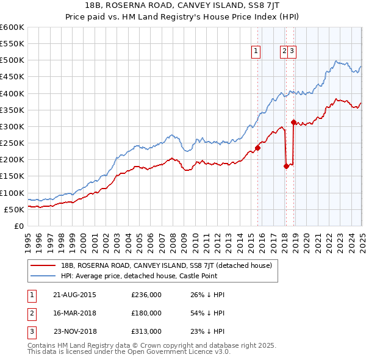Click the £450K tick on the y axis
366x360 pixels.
coord(12,77)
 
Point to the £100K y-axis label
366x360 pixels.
coord(12,193)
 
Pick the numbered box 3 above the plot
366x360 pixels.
coord(293,51)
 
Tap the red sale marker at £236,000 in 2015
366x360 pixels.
coord(258,147)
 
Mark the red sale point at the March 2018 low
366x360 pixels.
coord(286,165)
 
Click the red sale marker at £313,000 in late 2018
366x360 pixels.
coord(293,122)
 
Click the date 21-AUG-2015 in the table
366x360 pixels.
coord(74,295)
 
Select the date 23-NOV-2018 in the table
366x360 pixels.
coord(75,331)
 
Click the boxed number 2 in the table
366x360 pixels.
coord(30,313)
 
